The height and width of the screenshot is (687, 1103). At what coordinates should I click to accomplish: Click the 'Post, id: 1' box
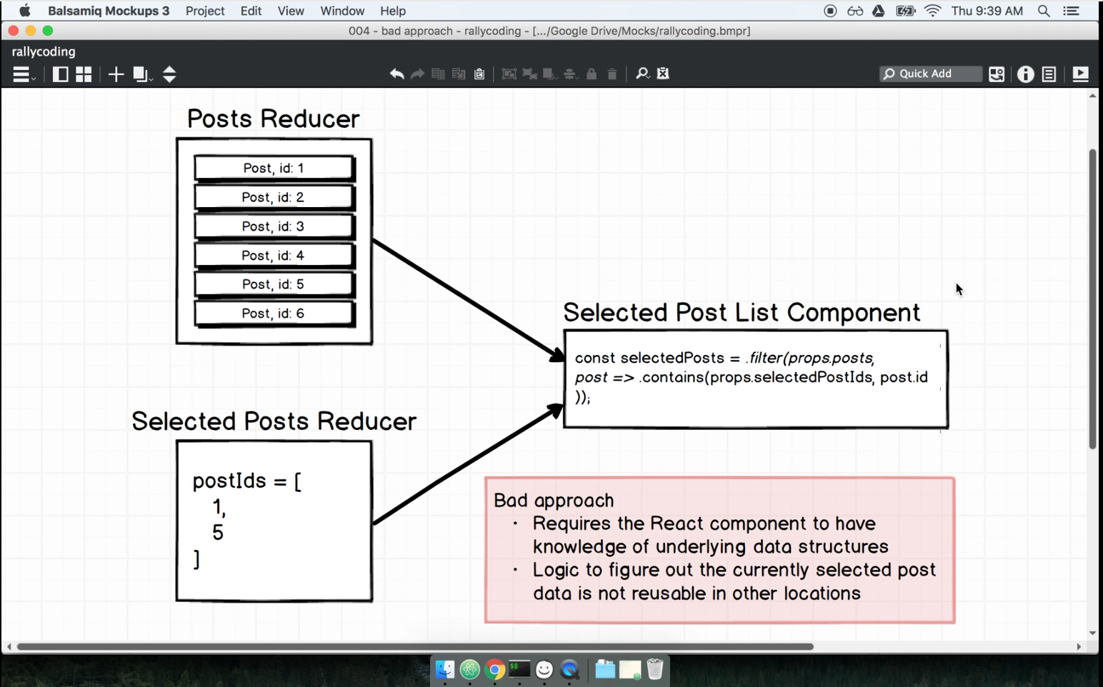pos(274,168)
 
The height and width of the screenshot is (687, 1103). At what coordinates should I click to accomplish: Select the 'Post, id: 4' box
pos(274,256)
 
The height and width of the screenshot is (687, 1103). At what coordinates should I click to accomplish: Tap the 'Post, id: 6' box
pos(274,314)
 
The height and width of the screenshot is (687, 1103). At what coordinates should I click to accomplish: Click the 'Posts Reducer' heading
pos(273,119)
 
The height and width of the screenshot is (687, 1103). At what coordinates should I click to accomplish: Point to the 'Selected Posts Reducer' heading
pos(274,421)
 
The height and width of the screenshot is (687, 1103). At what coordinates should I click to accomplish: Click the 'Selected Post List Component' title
pos(742,313)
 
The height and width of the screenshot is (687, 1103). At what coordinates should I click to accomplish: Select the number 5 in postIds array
pos(218,533)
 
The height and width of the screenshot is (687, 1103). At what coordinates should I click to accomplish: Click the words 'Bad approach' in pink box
pos(554,501)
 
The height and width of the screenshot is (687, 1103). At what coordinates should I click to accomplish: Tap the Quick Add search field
pos(930,74)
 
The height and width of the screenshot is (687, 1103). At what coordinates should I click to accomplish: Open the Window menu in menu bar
pos(342,11)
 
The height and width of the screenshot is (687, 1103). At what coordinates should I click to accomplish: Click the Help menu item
pos(393,11)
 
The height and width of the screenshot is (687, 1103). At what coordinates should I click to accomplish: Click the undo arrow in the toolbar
pos(396,74)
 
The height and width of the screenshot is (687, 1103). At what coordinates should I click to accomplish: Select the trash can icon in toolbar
pos(612,74)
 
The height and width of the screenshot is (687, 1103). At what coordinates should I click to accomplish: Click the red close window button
pos(13,31)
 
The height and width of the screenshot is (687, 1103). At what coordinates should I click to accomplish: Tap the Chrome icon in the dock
pos(494,670)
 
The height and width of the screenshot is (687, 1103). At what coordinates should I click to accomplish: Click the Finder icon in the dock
pos(445,670)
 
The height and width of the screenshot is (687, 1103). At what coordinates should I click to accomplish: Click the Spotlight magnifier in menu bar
pos(1044,11)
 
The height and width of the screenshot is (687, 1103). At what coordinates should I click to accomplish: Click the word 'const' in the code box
pos(594,358)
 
